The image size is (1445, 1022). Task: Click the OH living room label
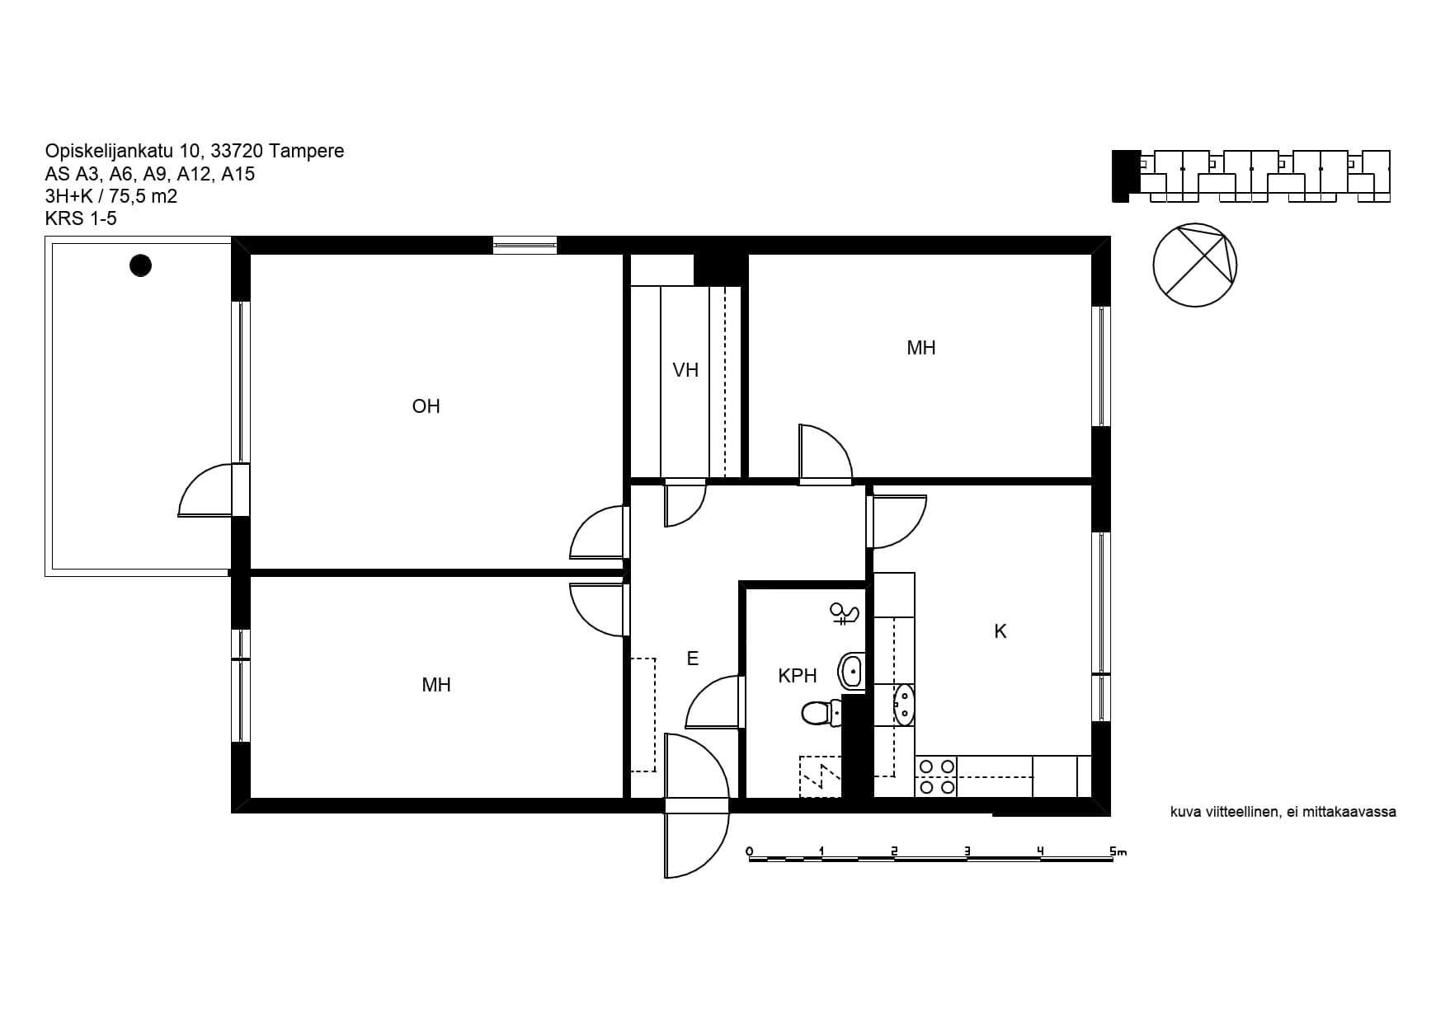pos(426,406)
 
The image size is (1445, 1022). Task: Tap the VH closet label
pos(685,370)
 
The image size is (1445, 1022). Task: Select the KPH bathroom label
pos(798,676)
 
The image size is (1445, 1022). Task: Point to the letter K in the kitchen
pos(1000,631)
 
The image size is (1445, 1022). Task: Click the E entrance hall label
pos(693,659)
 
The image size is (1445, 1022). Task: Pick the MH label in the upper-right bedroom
pos(921,348)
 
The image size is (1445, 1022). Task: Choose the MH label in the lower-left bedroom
pos(436,685)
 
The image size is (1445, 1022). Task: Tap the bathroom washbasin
pos(851,671)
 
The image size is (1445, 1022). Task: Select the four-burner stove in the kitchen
pos(937,777)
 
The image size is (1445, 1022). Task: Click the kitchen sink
pos(905,705)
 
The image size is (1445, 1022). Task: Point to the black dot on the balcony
pos(141,265)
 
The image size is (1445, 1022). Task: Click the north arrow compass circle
pos(1195,265)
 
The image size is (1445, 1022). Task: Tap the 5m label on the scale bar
pos(1118,851)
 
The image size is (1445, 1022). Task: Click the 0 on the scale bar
pos(749,851)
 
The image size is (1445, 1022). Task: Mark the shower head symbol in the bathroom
pos(845,613)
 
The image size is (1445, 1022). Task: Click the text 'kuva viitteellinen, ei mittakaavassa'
pos(1283,812)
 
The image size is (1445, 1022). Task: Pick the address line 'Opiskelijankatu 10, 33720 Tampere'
pos(195,151)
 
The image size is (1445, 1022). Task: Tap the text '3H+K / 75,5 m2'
pos(111,196)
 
